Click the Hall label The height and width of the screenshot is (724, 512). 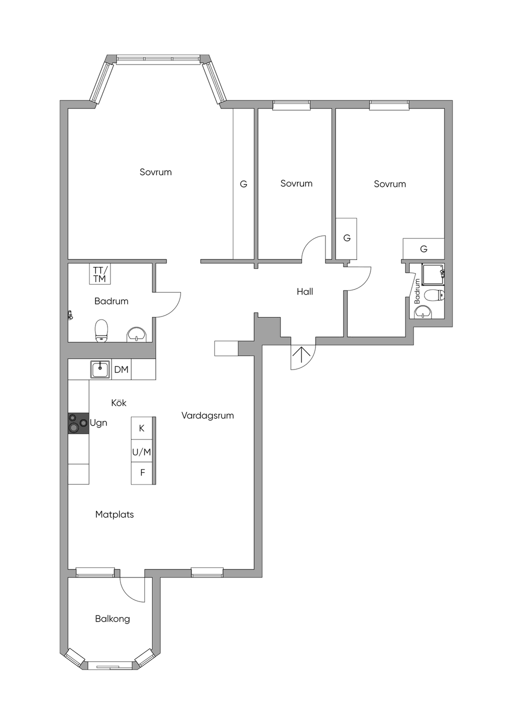[305, 292]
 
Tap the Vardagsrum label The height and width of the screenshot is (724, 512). [207, 415]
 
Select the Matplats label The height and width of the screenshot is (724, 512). [114, 514]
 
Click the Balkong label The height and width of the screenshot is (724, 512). [112, 619]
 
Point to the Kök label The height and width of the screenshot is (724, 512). [118, 402]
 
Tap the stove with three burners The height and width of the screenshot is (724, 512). [78, 423]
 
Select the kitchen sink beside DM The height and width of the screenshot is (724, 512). [100, 369]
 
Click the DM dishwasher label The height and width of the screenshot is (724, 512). [121, 369]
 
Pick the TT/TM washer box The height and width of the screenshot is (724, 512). [100, 274]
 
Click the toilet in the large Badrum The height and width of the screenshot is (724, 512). [101, 330]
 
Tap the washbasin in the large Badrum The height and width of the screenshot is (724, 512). [136, 334]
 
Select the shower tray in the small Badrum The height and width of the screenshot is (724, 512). [433, 274]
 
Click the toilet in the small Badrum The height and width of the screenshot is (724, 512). [434, 295]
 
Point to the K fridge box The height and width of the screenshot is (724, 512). [141, 428]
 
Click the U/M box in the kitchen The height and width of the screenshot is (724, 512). [141, 452]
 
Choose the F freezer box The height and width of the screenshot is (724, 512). [141, 473]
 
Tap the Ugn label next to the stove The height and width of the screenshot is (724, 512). [98, 423]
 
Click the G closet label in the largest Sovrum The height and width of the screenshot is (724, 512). [243, 184]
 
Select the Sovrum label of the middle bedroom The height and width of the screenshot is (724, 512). [296, 183]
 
